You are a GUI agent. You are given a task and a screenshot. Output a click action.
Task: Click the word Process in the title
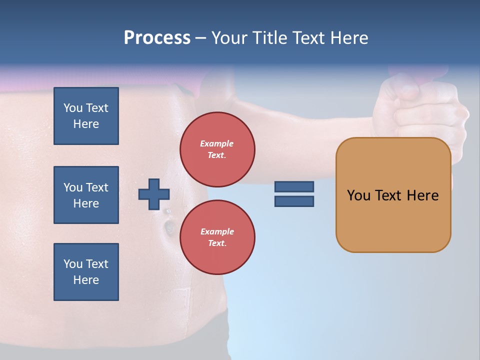tap(157, 38)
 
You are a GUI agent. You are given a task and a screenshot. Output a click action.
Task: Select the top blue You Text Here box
tap(86, 116)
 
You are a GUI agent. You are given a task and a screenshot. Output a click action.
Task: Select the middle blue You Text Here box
tap(86, 195)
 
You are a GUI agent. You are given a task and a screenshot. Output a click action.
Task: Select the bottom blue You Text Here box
tap(86, 271)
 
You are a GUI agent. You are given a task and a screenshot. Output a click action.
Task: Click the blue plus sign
tap(154, 194)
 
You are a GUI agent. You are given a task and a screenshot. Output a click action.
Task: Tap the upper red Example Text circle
tap(217, 149)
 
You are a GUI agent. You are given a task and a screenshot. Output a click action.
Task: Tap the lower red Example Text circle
tap(217, 237)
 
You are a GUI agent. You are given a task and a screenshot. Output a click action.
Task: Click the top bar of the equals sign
tap(294, 186)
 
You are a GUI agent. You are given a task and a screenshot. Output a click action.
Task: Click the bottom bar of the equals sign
tap(294, 201)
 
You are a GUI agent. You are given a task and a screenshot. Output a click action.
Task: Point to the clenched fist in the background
tap(422, 105)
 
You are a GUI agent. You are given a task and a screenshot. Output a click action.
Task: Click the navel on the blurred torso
tap(169, 227)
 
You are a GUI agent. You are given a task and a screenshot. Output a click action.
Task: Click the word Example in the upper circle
tap(217, 143)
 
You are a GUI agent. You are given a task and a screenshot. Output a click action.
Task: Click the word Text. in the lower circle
tap(217, 243)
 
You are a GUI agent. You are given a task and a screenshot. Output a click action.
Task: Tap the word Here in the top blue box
tap(86, 124)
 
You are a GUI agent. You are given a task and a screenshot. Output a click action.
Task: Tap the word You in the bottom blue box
tap(73, 264)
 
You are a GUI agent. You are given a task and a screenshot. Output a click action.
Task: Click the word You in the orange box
tap(358, 195)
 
